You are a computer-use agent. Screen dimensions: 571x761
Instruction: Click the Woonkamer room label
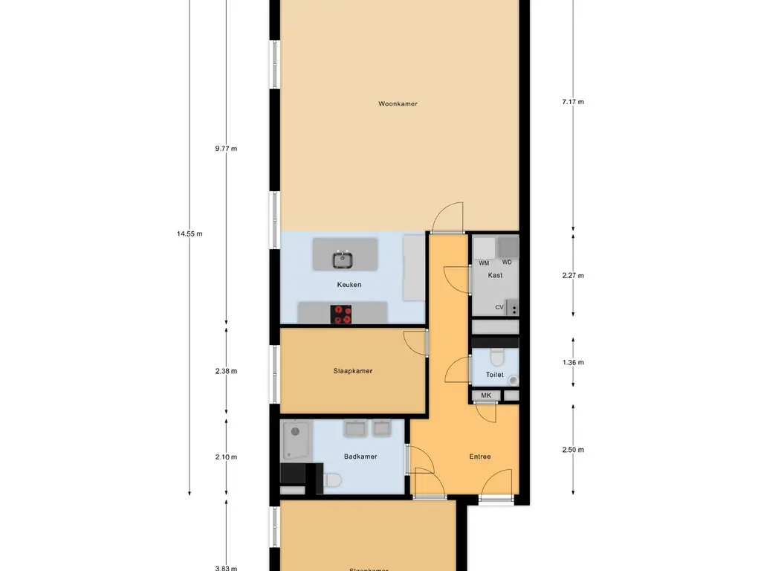click(x=398, y=104)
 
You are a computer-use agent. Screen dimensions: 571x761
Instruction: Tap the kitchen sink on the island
click(x=343, y=259)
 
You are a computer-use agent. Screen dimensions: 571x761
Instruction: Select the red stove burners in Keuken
click(x=343, y=314)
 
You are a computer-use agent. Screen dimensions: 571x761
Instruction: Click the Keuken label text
click(x=349, y=285)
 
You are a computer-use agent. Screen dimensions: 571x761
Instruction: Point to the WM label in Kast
click(x=484, y=263)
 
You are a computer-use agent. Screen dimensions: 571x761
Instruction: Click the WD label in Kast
click(x=507, y=262)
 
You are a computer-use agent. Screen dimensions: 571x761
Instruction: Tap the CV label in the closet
click(x=499, y=307)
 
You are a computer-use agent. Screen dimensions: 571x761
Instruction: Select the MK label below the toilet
click(x=486, y=396)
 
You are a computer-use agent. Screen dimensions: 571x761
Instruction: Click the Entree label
click(x=480, y=457)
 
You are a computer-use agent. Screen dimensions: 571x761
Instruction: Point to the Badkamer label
click(x=360, y=457)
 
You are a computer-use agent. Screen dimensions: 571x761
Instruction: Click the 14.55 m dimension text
click(x=190, y=233)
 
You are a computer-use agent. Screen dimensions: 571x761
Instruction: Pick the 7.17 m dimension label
click(x=573, y=102)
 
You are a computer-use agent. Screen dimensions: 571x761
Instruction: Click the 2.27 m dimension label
click(x=573, y=275)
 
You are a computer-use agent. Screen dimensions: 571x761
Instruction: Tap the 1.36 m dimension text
click(x=573, y=363)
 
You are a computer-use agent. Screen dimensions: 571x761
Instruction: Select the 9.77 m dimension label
click(x=226, y=149)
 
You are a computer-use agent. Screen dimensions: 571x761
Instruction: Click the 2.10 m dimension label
click(x=226, y=457)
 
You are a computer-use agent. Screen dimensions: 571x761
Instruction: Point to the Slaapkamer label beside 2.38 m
click(x=353, y=371)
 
